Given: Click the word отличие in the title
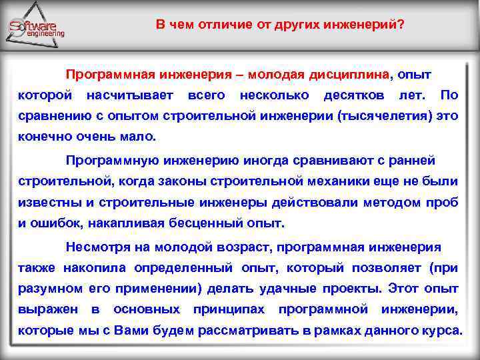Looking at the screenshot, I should (x=224, y=25).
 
